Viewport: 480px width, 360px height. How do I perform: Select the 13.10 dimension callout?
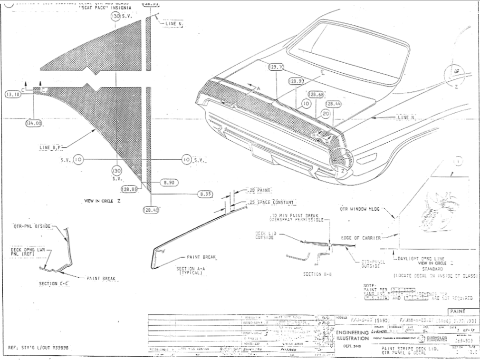pos(13,94)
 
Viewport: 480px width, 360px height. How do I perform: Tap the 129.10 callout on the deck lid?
pos(276,68)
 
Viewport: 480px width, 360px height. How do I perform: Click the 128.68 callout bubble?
pos(316,94)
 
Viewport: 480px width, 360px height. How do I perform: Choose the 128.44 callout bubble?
pos(333,104)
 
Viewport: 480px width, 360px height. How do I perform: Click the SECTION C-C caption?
pos(55,284)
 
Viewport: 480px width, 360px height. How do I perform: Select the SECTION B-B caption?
pos(316,274)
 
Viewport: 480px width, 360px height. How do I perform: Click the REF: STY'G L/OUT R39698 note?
pos(39,348)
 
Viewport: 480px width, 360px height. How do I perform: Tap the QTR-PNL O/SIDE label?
pos(31,227)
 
